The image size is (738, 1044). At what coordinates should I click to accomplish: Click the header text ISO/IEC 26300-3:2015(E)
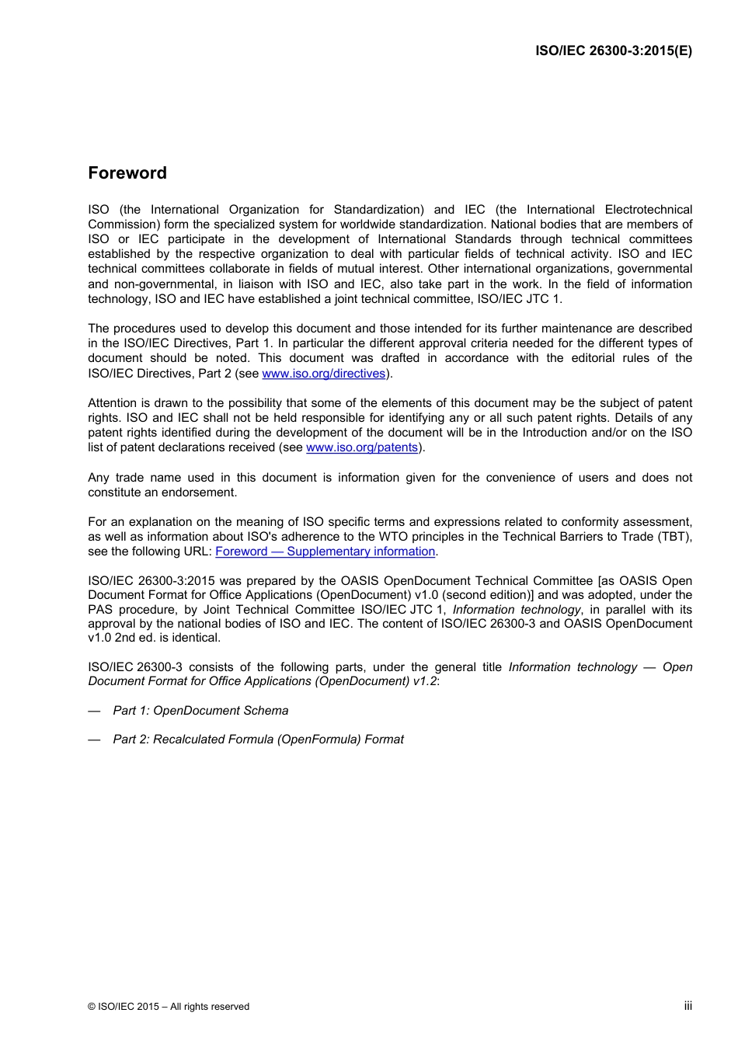[x=613, y=51]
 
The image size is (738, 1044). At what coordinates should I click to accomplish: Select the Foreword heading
[x=127, y=173]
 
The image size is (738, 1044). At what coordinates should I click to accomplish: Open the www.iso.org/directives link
[x=324, y=374]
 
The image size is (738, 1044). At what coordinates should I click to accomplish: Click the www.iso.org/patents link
[x=362, y=447]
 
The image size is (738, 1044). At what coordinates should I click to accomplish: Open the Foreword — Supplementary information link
[x=325, y=552]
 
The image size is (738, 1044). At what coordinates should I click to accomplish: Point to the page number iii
[x=688, y=1006]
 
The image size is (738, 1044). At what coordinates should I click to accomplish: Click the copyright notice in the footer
[x=169, y=1007]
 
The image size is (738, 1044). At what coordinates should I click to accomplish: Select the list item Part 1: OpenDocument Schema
[x=200, y=711]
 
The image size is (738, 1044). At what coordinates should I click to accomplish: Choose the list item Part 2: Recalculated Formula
[x=258, y=739]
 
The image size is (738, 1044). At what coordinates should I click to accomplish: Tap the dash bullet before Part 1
[x=94, y=711]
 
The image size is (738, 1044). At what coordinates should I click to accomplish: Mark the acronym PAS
[x=101, y=610]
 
